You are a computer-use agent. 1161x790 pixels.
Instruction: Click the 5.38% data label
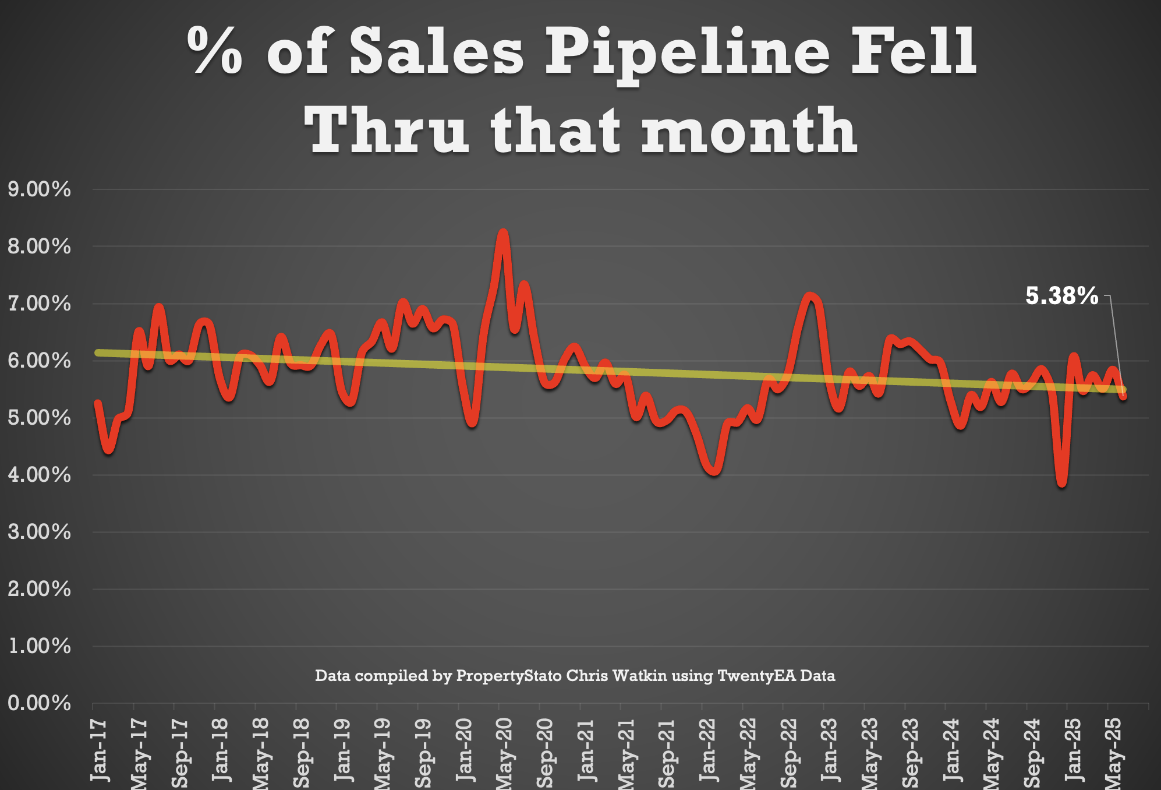coord(1061,296)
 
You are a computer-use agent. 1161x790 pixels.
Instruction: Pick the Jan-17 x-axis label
coord(100,750)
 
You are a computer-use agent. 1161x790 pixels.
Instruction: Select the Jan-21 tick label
coord(586,750)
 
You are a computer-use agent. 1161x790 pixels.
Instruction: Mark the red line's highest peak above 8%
coord(503,234)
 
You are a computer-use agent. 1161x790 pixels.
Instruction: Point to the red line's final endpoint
coord(1123,396)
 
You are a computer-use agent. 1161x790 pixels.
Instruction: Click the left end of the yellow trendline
coord(98,352)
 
